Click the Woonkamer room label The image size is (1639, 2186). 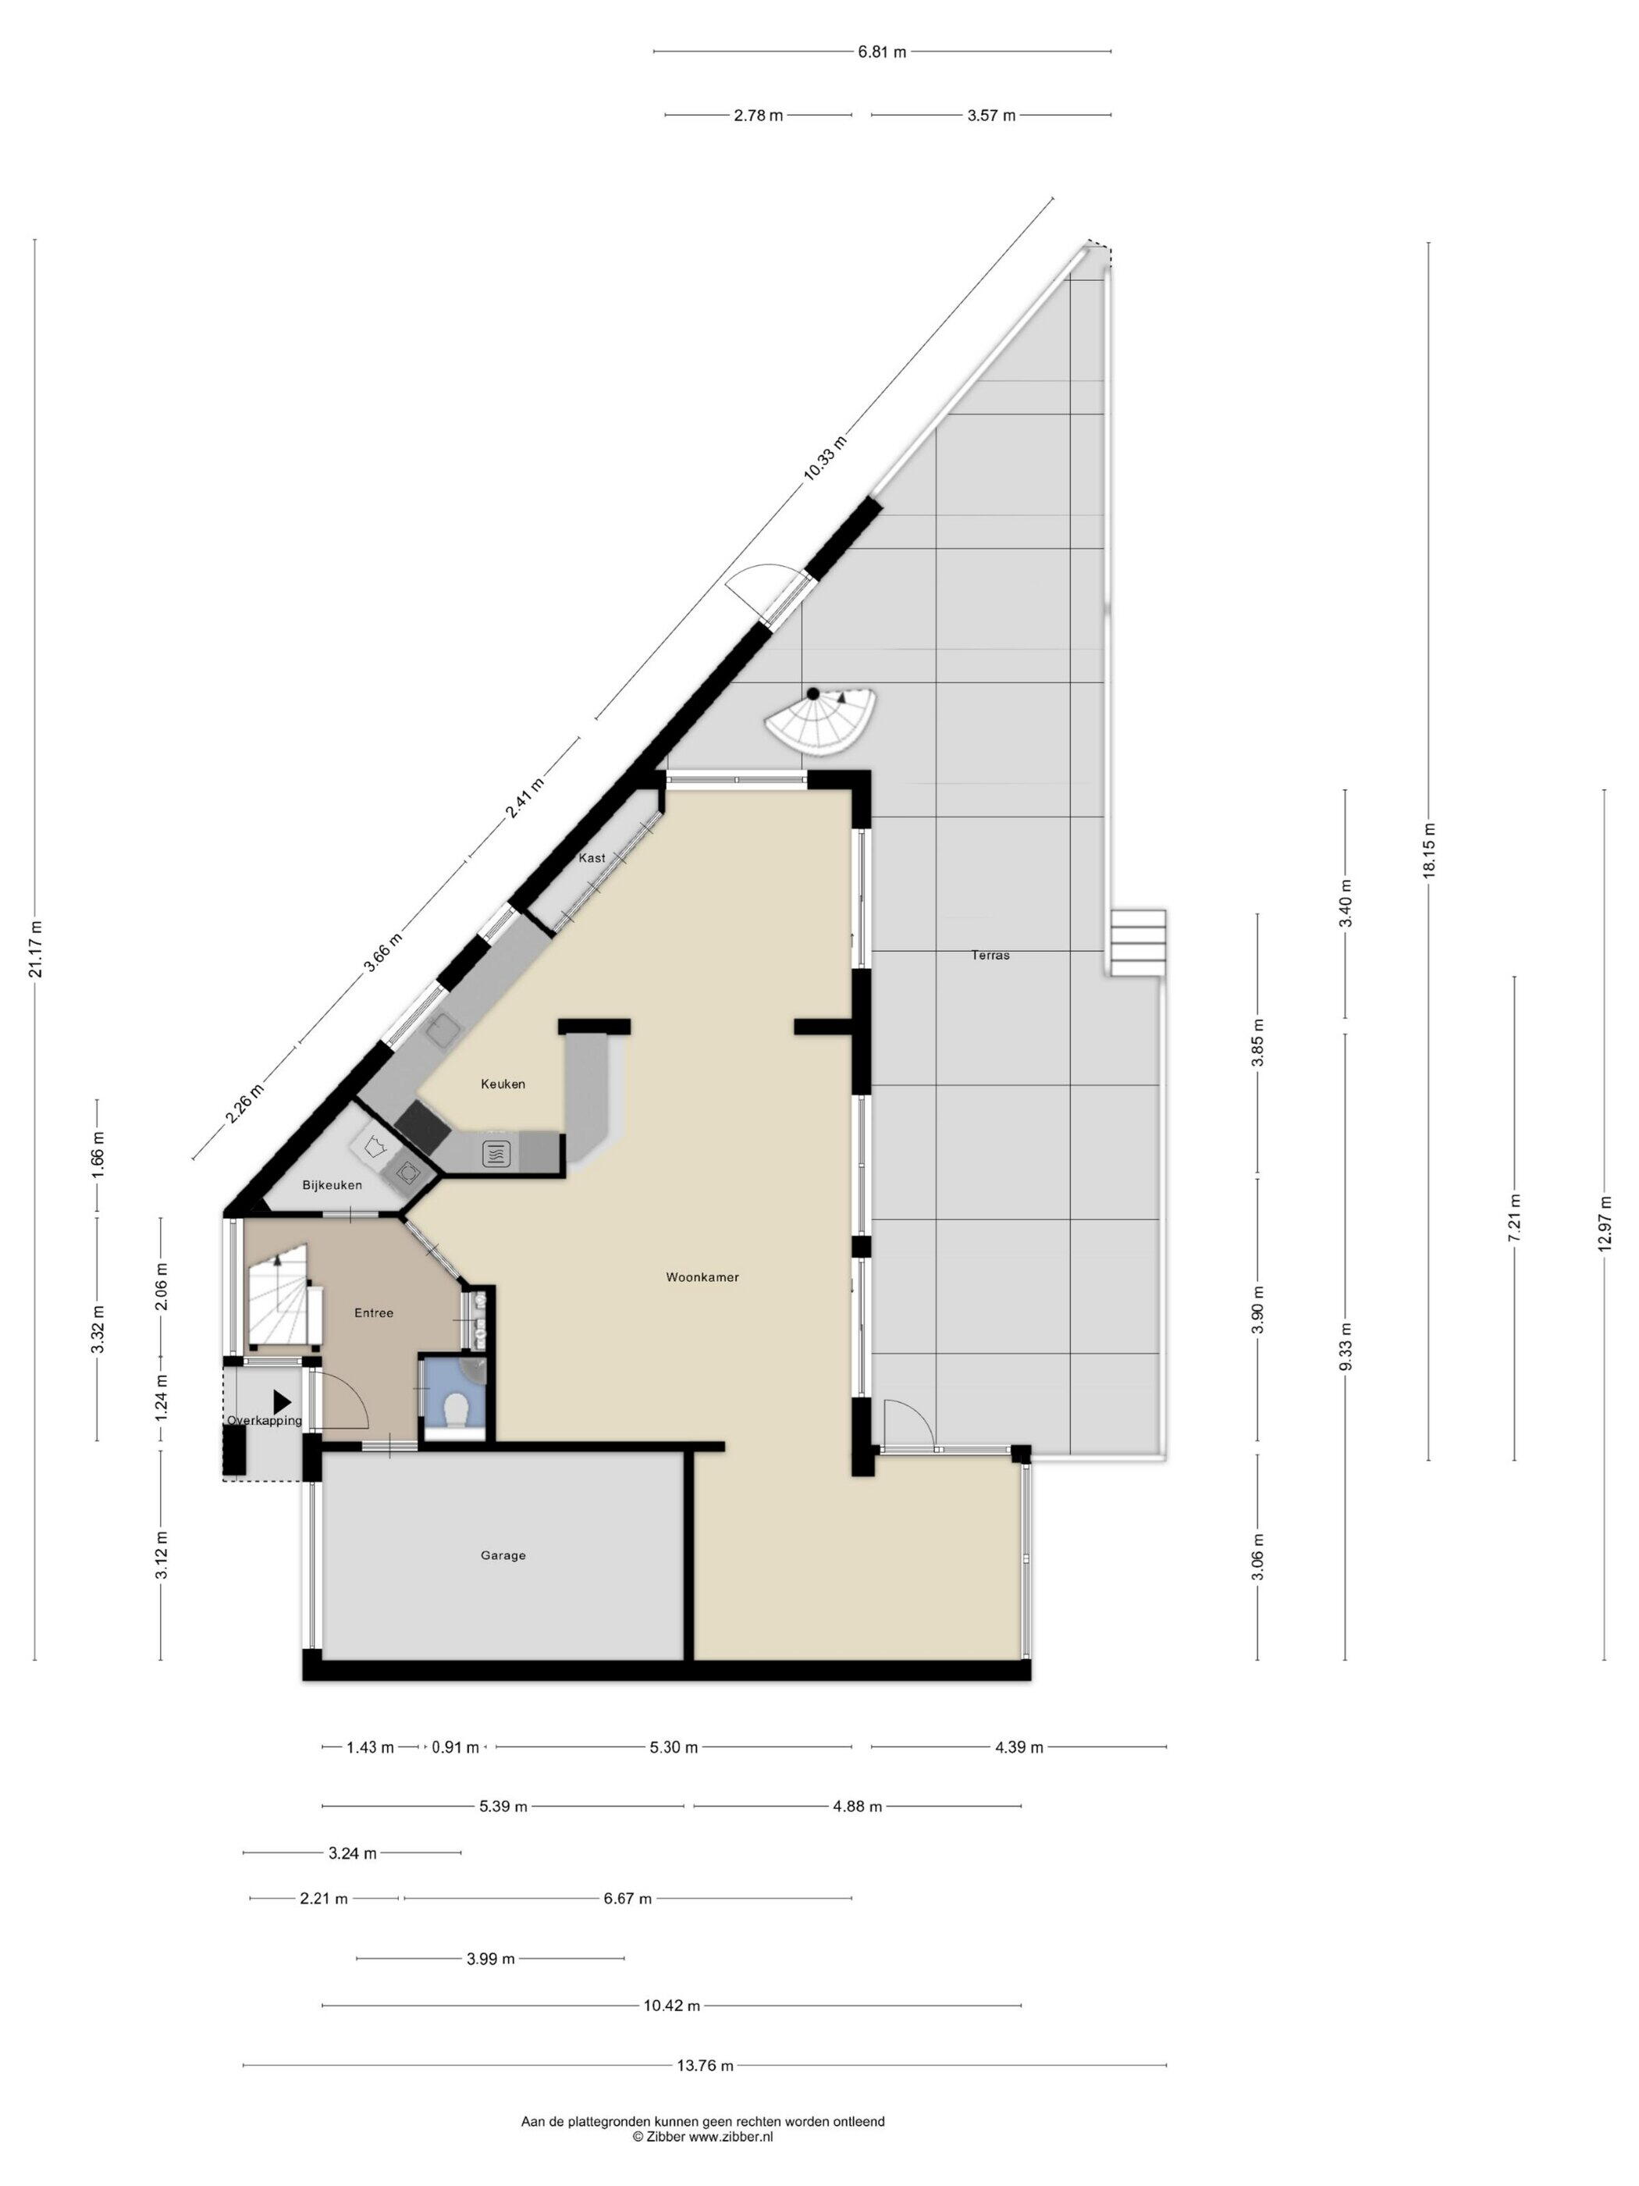[702, 1276]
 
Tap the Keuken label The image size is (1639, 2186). [503, 1083]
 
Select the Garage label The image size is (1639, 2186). [503, 1554]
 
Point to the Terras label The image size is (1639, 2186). [990, 955]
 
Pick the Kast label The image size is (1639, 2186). [592, 858]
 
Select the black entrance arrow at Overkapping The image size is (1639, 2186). [283, 1401]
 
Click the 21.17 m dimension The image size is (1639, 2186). [36, 949]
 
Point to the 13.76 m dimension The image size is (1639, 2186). [705, 2064]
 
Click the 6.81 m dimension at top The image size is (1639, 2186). [882, 52]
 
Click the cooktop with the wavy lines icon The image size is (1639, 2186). [495, 1152]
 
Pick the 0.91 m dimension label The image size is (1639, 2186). [456, 1747]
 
